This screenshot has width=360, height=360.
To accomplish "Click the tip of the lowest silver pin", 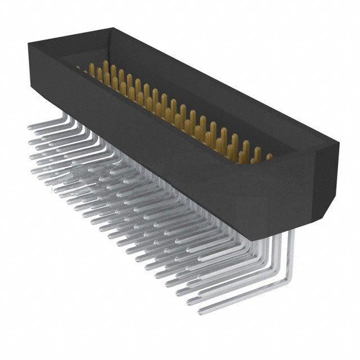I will [x=201, y=308].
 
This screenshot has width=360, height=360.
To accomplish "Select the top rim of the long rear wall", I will [x=225, y=84].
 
